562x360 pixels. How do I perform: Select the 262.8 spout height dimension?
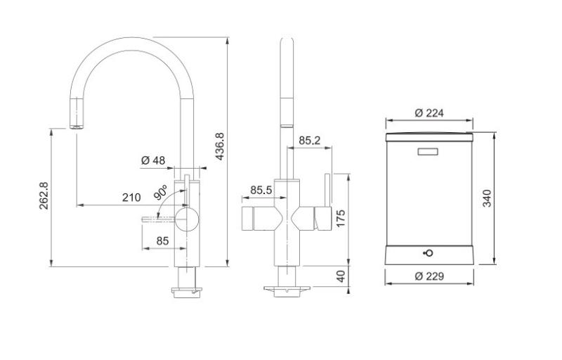(x=44, y=200)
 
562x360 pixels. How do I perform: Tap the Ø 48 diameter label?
(x=152, y=160)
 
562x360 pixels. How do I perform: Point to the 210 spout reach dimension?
(x=131, y=198)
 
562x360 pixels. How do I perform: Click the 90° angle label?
(x=160, y=191)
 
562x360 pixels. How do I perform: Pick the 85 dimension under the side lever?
(x=162, y=240)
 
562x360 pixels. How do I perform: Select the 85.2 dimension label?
(x=309, y=141)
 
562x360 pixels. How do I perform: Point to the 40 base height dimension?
(x=341, y=276)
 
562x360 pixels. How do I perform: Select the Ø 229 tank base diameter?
(x=429, y=276)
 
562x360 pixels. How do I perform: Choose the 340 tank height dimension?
(x=488, y=198)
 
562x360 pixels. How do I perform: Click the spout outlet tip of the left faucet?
(x=77, y=127)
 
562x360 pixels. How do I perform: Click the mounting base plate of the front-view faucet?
(x=286, y=288)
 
